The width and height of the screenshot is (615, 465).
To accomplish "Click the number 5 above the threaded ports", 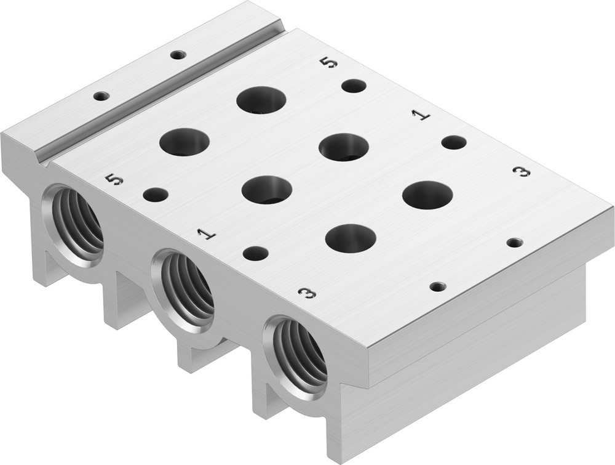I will pos(114,179).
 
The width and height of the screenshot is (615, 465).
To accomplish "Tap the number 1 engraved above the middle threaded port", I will pos(207,233).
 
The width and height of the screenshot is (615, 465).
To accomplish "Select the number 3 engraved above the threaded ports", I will pos(306,293).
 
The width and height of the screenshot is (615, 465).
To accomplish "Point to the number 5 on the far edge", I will pos(329,62).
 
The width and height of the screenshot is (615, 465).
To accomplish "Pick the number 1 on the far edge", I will pos(421,115).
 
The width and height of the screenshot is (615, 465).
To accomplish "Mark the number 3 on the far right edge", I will pos(522,172).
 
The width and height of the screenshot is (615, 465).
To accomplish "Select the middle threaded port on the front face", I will pos(183,289).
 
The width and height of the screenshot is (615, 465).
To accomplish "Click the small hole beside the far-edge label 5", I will pos(354,86).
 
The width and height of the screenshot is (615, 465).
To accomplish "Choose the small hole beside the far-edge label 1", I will pos(454,142).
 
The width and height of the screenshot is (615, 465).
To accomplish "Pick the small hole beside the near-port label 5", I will pos(156,195).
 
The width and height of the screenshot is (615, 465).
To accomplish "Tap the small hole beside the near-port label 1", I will pos(255,253).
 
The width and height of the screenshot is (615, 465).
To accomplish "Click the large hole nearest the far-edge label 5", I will pos(261,100).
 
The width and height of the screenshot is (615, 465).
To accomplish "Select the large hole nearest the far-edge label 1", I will pos(344,147).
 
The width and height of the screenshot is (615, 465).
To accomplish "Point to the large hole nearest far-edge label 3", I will pos(427,195).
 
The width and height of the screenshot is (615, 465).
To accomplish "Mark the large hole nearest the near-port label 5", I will pos(184,142).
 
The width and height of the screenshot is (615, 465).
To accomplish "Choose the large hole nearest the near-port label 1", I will pos(266,190).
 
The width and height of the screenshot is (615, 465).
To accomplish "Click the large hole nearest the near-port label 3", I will pos(351,238).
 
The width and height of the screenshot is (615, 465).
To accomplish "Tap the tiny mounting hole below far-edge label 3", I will pos(515,242).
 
